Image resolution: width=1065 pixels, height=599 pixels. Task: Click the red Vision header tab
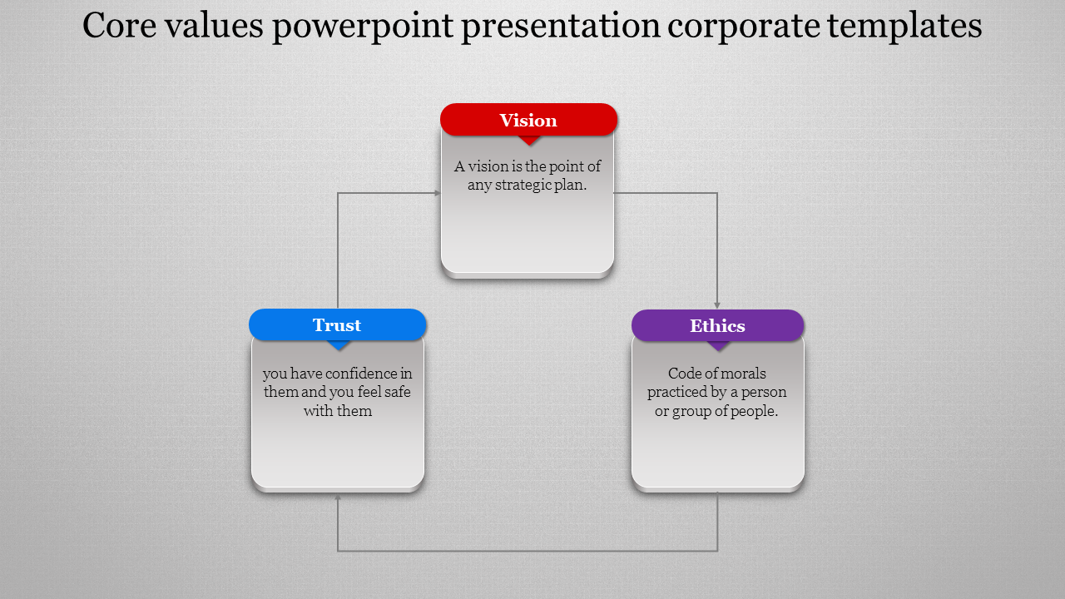coord(528,120)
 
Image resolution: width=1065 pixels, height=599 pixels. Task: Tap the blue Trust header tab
coord(337,324)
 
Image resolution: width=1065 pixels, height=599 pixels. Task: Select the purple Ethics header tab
coord(717,325)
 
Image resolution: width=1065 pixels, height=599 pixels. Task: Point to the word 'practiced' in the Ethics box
coord(679,392)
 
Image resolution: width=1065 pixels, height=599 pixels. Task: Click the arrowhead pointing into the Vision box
coord(436,193)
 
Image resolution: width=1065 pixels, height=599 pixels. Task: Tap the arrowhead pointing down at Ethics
coord(717,305)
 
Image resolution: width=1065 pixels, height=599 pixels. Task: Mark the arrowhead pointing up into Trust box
coord(338,498)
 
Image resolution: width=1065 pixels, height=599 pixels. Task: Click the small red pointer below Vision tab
coord(529,140)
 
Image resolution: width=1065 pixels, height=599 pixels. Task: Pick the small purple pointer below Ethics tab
coord(718,345)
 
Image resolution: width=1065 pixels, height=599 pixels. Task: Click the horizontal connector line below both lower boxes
coord(528,551)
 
